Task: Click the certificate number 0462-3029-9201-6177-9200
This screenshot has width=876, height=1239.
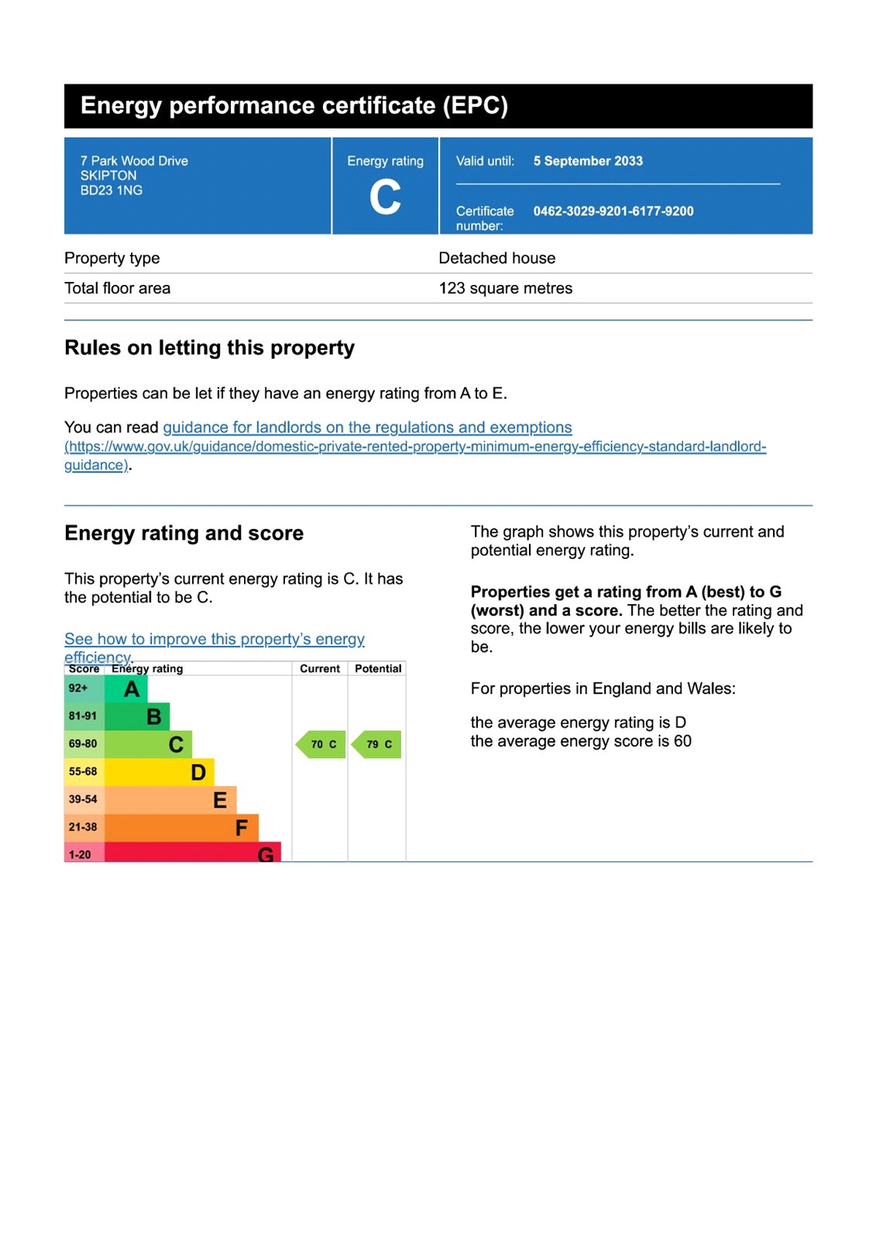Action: click(613, 211)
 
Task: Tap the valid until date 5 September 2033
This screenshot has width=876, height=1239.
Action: click(588, 161)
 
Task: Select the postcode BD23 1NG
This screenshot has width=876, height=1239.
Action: click(112, 190)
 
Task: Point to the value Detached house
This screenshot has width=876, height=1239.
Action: click(496, 258)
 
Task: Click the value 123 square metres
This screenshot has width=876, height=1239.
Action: click(505, 288)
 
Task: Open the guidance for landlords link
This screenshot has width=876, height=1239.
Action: click(367, 427)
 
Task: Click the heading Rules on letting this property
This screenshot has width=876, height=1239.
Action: click(209, 348)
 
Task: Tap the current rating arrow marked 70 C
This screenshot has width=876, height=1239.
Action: click(321, 744)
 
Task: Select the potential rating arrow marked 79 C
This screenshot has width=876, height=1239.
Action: click(377, 744)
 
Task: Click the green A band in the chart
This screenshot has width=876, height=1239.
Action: click(125, 688)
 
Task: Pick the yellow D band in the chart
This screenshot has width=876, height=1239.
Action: click(159, 772)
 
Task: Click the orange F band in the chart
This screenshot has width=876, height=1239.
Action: click(181, 828)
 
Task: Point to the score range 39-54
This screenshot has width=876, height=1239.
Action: click(83, 799)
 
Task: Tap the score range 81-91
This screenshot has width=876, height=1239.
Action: click(83, 716)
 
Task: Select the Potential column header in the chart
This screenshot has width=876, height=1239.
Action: click(378, 668)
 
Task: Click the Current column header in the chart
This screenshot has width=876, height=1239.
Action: click(320, 668)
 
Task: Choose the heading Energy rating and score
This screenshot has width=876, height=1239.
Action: click(184, 534)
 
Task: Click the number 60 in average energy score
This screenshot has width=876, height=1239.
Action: click(682, 741)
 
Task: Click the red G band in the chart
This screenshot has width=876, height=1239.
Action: click(192, 853)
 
